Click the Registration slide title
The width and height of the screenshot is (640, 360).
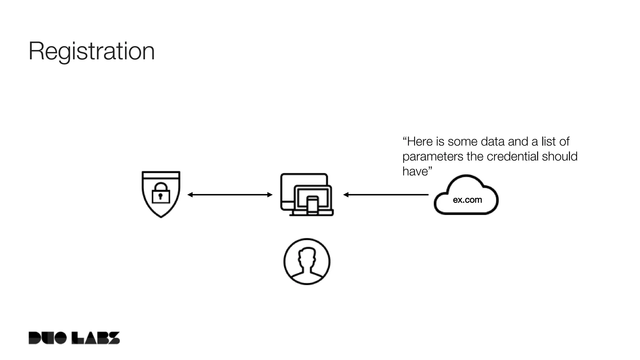tap(92, 51)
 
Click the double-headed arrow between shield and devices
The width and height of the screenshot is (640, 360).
tap(230, 195)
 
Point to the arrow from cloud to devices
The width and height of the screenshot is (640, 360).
tap(386, 195)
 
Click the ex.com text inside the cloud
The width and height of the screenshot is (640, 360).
tap(467, 200)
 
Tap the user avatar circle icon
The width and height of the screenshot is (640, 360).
tap(307, 262)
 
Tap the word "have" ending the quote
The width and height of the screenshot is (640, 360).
tap(415, 171)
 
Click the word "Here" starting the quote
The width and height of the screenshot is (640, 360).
tap(420, 142)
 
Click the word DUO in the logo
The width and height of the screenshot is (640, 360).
tap(47, 338)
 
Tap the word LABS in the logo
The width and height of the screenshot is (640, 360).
tap(96, 338)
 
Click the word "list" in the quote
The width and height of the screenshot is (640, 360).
tap(548, 142)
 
